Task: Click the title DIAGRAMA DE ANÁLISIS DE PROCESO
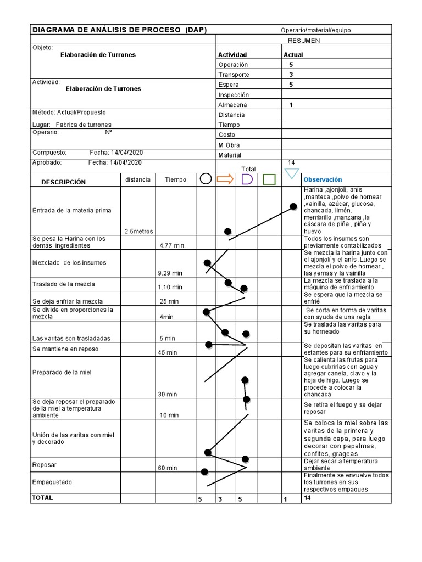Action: (x=119, y=30)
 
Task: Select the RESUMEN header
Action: (x=303, y=41)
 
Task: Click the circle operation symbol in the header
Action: (x=206, y=178)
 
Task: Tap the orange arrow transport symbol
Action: (x=225, y=178)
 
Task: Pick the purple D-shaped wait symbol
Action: (x=247, y=179)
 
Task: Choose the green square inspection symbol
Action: (x=269, y=179)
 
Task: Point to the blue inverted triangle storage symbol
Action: (x=292, y=174)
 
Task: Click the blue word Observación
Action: (x=323, y=179)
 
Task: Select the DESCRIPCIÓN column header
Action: (x=64, y=182)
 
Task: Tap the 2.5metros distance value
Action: (x=138, y=232)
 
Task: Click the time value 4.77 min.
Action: (x=172, y=245)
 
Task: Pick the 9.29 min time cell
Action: (x=170, y=273)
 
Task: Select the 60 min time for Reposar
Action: (x=167, y=468)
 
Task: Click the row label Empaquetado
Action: (x=52, y=482)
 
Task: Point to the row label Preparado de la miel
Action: (x=62, y=373)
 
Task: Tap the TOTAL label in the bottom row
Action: (x=43, y=498)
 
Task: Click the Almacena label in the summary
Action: (x=232, y=105)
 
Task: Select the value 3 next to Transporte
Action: (x=291, y=75)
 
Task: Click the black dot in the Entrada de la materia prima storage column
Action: (x=293, y=207)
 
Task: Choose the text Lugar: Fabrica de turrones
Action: (x=72, y=125)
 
